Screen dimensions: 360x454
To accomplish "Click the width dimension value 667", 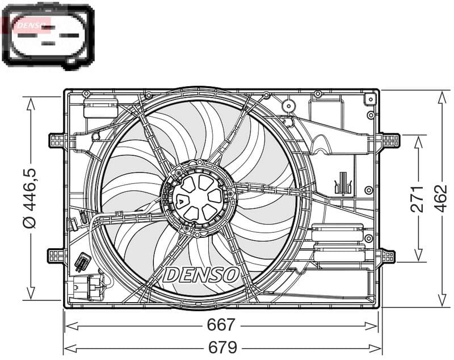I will pos(221,325).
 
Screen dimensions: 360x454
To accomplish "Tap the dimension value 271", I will pos(418,198).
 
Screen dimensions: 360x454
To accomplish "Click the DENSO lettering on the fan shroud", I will pos(201,275).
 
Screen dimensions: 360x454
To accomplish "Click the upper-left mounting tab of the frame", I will pos(57,140).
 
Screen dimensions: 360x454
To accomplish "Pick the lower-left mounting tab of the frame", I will pos(57,256).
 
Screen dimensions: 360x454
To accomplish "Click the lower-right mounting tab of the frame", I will pos(388,256).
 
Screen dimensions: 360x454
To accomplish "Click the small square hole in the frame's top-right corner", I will pos(370,99).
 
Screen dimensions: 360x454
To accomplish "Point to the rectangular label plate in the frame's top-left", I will pos(100,107).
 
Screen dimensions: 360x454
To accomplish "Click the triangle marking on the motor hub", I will pos(179,199).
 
